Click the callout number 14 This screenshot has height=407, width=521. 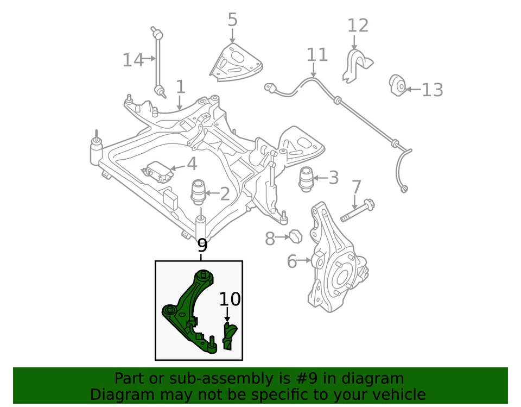pos(132,60)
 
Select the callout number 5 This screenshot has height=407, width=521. pos(232,20)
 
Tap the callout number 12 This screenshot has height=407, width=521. pos(358,25)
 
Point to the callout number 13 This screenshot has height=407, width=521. pos(433,90)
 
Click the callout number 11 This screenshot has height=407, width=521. pos(317,54)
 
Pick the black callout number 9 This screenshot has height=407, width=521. pos(202,245)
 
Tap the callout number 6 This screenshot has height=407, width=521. pos(291,262)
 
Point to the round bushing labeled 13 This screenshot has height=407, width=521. pos(398,85)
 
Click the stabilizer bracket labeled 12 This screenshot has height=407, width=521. pos(353,66)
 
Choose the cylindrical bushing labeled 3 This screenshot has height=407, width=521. pos(307,179)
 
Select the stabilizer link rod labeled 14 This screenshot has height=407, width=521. pos(157,60)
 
